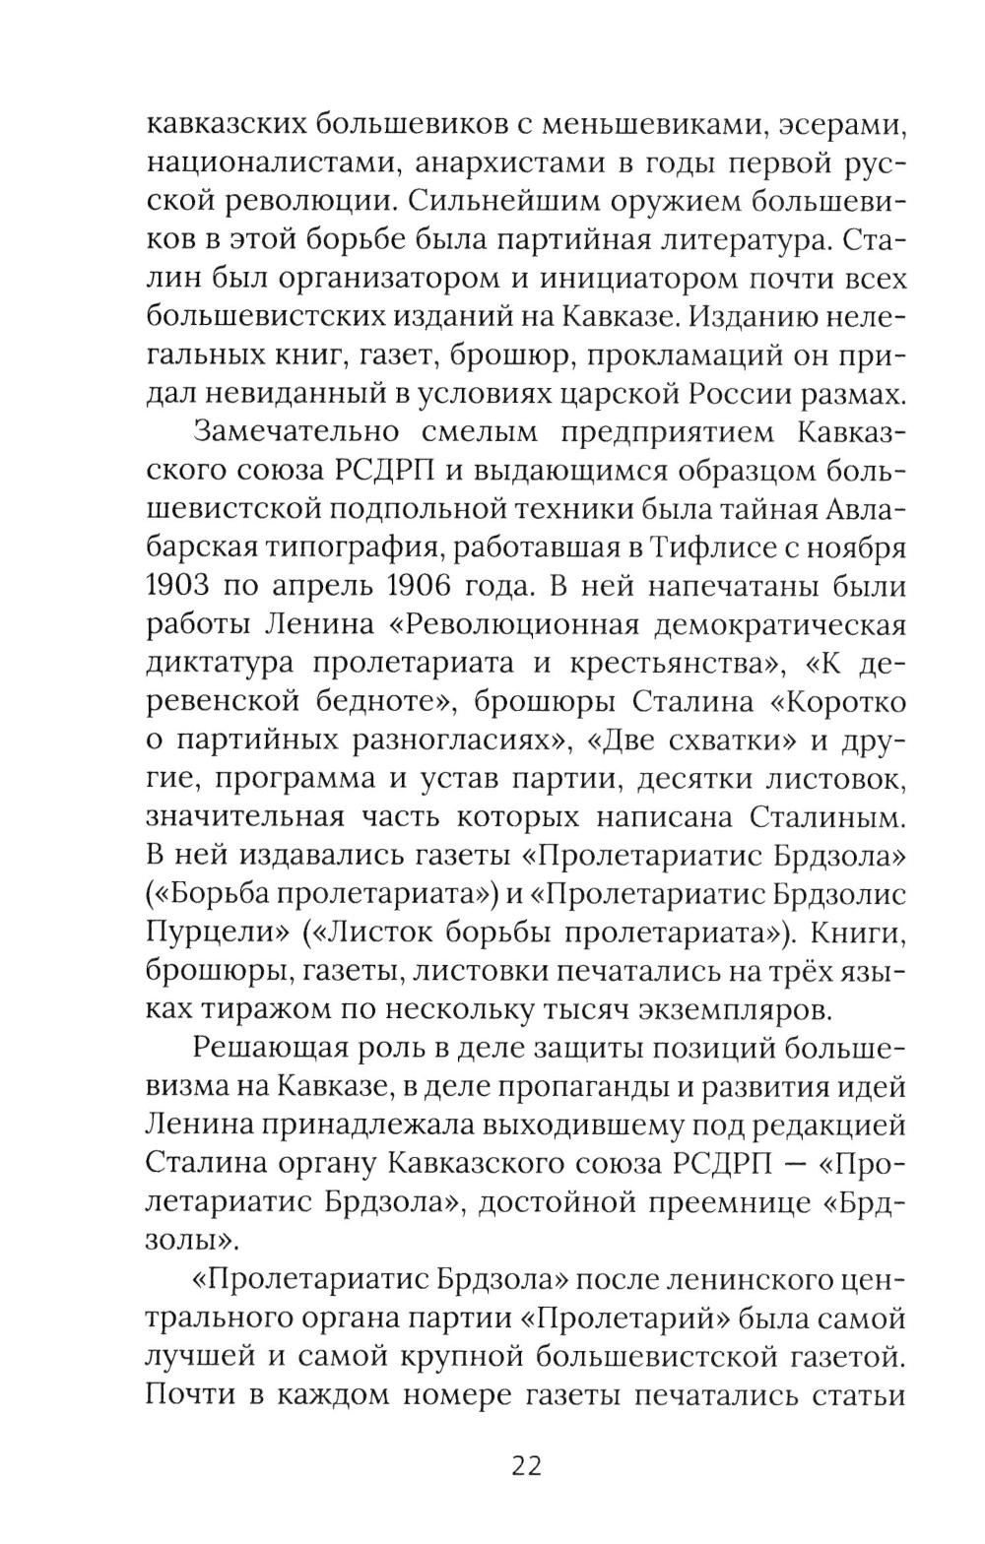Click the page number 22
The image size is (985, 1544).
tap(526, 1464)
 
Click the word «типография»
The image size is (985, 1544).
tap(347, 547)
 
